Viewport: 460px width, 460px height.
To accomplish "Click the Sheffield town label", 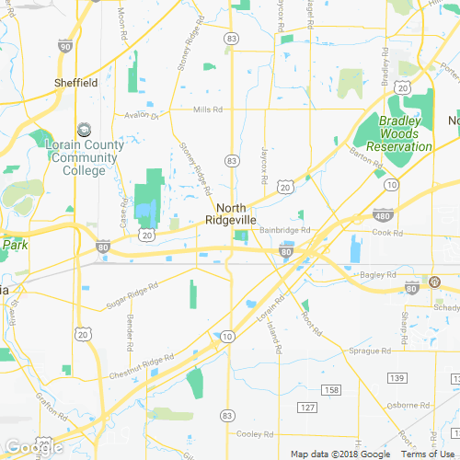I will (x=75, y=83).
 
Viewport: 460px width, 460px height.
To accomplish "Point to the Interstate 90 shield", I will (x=63, y=45).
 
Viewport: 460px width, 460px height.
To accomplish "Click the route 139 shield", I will (x=397, y=378).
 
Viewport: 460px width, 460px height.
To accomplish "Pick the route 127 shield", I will (x=307, y=407).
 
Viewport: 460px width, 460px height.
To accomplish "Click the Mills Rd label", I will (x=208, y=109).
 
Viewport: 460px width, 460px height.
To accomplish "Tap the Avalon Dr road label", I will (x=143, y=116).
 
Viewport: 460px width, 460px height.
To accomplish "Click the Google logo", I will (x=34, y=448).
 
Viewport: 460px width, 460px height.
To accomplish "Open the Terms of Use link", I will (x=429, y=454).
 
